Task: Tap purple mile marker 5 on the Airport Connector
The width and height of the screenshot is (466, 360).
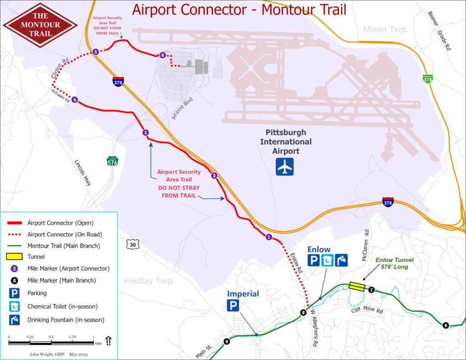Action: coord(96,52)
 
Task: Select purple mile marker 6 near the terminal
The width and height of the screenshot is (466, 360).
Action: coord(162,55)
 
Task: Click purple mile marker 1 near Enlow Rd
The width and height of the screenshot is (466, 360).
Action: coord(268,237)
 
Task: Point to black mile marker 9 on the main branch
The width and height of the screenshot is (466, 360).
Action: coord(227,341)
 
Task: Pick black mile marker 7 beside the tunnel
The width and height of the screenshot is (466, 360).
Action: coord(371,289)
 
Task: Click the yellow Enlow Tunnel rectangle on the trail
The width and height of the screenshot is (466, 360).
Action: coord(357,286)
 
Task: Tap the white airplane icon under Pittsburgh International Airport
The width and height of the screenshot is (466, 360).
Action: coord(285,167)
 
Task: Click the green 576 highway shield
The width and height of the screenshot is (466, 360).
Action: coord(112,161)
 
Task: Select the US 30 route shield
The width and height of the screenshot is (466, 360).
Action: coord(132,245)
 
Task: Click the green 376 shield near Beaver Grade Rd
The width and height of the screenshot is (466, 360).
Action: coord(427,79)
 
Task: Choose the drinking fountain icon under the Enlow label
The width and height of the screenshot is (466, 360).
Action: coord(341,260)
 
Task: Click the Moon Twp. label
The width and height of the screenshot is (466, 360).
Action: coord(385,30)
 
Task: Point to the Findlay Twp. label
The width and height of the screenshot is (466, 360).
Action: coord(149,281)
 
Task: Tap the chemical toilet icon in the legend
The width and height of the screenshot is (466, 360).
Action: coord(15,306)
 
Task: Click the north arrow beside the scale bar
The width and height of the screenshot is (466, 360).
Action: coord(108,340)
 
